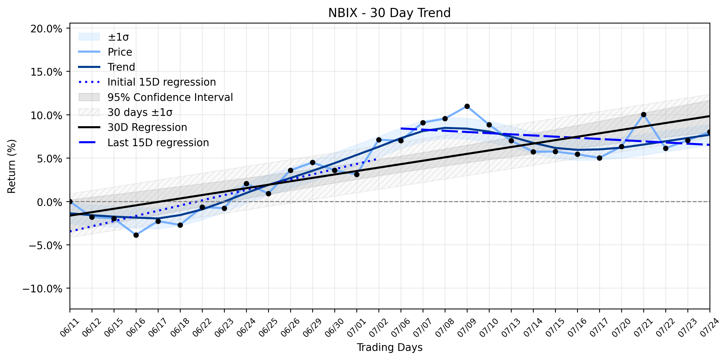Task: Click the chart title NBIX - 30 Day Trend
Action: click(x=389, y=13)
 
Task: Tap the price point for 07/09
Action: click(x=467, y=106)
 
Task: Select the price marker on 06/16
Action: click(x=136, y=235)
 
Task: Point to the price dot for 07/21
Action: click(x=644, y=114)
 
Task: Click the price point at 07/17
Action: click(x=599, y=158)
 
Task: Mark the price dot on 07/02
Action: click(x=379, y=140)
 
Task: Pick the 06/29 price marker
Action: click(x=313, y=163)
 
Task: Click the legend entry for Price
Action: click(x=120, y=52)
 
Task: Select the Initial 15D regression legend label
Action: click(x=162, y=82)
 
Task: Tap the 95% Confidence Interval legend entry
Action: click(x=170, y=97)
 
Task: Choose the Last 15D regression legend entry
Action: click(x=158, y=143)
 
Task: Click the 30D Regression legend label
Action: click(x=147, y=127)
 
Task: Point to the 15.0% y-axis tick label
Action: click(x=46, y=72)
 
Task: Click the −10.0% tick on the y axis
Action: click(x=42, y=289)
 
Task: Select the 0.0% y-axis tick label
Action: click(x=49, y=202)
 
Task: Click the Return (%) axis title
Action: click(x=11, y=166)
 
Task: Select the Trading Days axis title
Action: click(x=390, y=347)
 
